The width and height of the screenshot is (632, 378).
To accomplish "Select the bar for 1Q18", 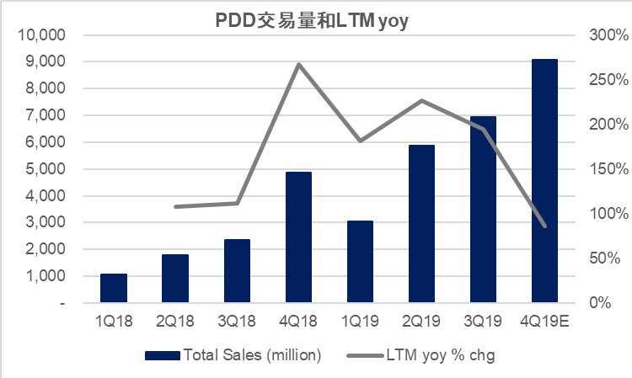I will (x=114, y=288).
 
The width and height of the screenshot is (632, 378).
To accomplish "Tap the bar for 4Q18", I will (x=299, y=237).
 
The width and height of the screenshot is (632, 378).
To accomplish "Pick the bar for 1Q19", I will (x=361, y=262).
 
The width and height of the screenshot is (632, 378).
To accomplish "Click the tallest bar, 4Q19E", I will (x=545, y=181).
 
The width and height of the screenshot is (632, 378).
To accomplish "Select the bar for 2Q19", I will (x=421, y=224).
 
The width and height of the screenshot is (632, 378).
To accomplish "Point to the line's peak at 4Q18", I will (x=299, y=64).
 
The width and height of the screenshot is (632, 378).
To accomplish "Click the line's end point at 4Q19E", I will (x=545, y=226).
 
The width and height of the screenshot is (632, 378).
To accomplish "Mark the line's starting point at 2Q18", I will (x=175, y=206).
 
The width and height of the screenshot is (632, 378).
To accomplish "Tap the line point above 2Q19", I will (x=421, y=100).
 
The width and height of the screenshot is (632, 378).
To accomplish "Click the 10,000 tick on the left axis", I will (x=41, y=35).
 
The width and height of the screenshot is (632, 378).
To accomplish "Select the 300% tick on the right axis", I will (x=608, y=35).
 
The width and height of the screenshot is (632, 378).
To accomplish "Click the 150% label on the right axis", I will (x=608, y=169).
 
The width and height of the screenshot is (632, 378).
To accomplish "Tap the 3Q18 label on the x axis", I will (x=237, y=322).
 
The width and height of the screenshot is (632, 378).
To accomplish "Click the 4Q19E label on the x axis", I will (x=545, y=322).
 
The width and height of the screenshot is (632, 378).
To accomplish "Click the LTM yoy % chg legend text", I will (x=442, y=355).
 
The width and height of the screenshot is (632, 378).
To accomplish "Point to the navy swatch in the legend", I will (x=162, y=355).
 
